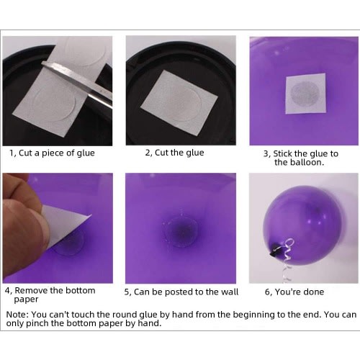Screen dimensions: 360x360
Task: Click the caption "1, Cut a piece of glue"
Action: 52,153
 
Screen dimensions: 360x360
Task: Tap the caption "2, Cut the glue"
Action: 174,153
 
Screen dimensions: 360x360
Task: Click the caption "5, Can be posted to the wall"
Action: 181,292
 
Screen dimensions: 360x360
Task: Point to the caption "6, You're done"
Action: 294,292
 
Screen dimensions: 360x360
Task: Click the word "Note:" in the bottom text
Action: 17,315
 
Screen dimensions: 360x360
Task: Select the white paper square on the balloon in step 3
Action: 306,94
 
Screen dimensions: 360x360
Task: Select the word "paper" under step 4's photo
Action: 26,300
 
